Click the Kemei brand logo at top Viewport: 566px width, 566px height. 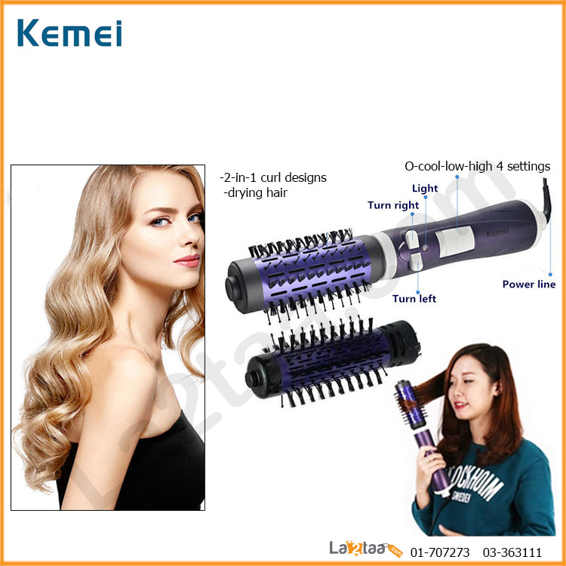pos(69,33)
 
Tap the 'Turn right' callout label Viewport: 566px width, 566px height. pos(393,205)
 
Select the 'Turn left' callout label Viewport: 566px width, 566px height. pos(414,299)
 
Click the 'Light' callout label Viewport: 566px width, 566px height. pos(425,189)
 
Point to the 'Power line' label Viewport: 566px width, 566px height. pos(529,284)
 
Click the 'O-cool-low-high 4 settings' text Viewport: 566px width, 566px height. pos(477,166)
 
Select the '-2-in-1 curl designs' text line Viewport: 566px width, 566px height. pos(273,177)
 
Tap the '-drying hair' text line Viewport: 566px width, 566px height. pos(255,192)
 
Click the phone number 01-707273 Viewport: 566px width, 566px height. pos(440,552)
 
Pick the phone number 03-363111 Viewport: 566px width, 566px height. pos(512,552)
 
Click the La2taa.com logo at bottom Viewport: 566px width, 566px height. pos(365,549)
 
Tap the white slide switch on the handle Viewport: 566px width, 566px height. pos(454,241)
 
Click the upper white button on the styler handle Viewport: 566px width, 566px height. pos(411,239)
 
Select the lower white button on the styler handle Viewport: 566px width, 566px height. pos(416,262)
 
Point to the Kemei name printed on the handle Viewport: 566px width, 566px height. pos(497,232)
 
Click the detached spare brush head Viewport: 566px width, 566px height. pos(333,362)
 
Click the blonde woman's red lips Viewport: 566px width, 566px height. pos(187,260)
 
